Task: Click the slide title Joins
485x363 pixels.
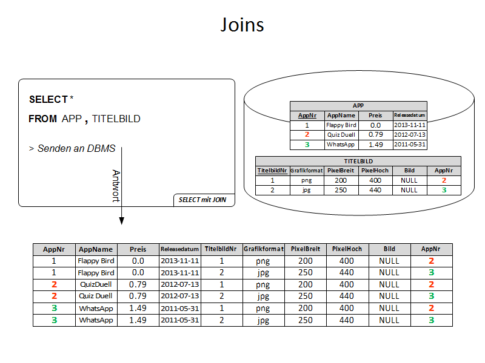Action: tap(242, 25)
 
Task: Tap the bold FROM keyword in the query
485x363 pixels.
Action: tap(42, 119)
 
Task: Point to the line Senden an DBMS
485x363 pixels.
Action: tap(75, 148)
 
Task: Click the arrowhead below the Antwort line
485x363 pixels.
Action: tap(121, 221)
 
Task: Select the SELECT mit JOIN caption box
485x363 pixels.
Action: tap(203, 200)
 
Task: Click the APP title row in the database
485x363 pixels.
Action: tap(358, 105)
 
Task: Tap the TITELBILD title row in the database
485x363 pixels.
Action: tap(358, 161)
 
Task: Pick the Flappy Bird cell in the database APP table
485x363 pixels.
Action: tap(341, 125)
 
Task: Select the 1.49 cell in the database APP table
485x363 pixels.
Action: tap(376, 145)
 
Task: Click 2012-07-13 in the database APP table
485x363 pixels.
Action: tap(410, 135)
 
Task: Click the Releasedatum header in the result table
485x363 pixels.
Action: tap(179, 249)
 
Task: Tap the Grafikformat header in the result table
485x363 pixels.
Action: tap(263, 249)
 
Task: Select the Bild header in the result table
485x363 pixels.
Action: tap(389, 249)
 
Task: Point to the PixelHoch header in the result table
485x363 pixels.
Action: tap(347, 249)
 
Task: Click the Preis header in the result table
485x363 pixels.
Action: tap(138, 249)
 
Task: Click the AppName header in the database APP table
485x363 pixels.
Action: tap(341, 115)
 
